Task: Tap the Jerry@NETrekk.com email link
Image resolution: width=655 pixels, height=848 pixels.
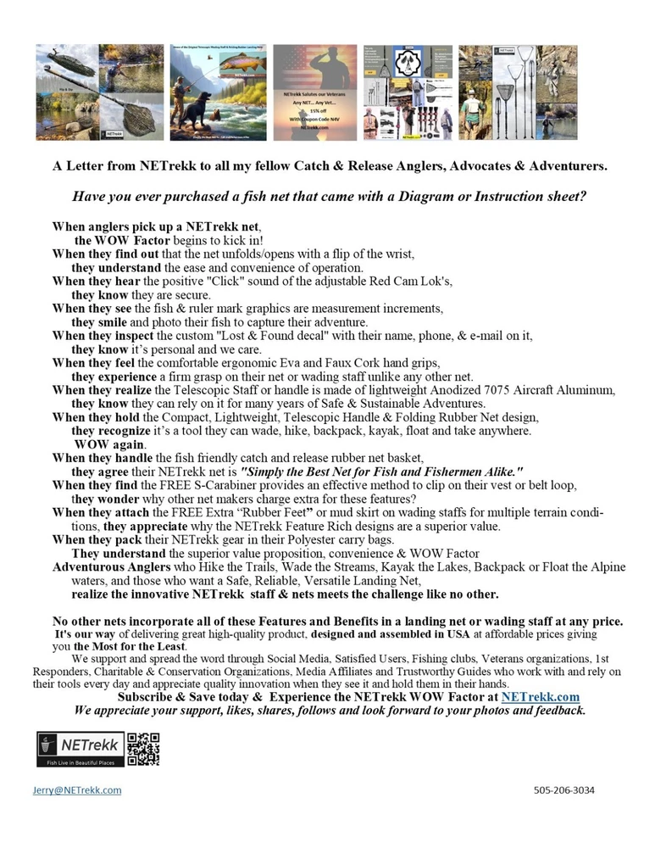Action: click(72, 789)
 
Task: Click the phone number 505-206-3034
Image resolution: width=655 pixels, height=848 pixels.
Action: click(564, 789)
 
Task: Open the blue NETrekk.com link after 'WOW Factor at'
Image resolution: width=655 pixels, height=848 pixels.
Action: click(540, 696)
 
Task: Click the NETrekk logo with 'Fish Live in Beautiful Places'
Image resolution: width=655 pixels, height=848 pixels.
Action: click(79, 749)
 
